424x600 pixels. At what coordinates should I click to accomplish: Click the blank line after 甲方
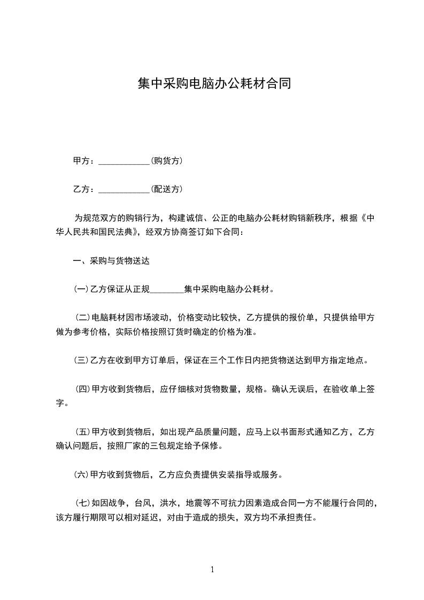coord(124,161)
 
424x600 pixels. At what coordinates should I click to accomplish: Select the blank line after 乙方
coord(124,189)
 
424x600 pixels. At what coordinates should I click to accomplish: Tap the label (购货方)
coord(167,160)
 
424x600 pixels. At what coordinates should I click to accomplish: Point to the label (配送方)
coord(167,189)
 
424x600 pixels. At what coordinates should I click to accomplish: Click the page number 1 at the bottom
coord(212,570)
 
